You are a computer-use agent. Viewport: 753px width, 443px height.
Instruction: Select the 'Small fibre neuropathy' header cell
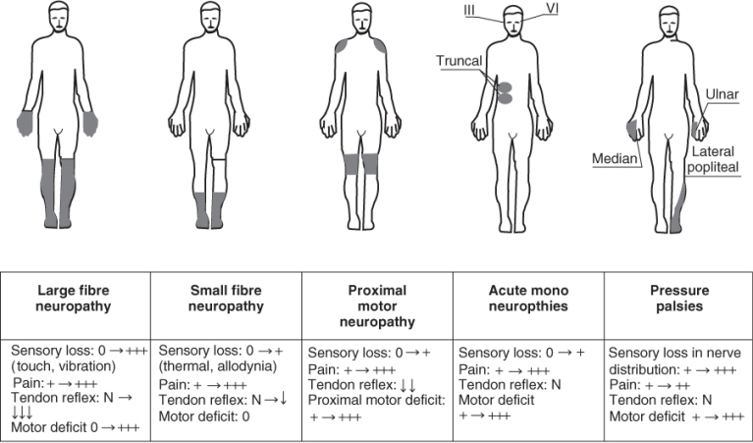pos(225,298)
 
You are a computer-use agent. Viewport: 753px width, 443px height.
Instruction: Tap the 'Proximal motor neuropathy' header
pos(376,305)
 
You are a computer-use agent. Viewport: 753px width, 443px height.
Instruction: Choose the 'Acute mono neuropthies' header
pos(526,298)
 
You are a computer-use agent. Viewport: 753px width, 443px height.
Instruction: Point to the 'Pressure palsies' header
pos(676,298)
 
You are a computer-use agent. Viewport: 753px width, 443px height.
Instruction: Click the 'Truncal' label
pos(459,61)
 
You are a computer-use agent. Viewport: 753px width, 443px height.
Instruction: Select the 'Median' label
pos(615,157)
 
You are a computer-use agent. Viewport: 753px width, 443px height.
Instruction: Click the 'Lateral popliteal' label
pos(721,161)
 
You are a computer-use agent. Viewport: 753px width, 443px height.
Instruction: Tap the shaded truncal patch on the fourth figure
pos(507,92)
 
